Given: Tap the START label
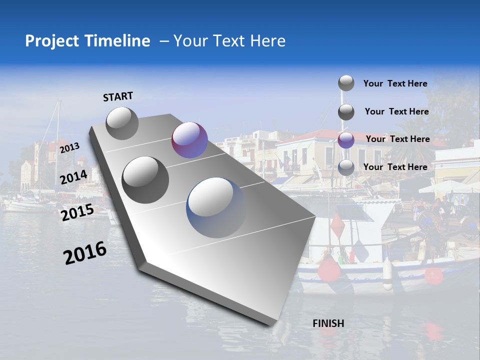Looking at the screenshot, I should click(118, 96).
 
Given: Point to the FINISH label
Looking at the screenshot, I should click(328, 323).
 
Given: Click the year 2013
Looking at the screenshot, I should click(69, 147).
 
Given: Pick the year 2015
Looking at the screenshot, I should click(77, 212).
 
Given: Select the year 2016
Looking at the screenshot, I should click(85, 253).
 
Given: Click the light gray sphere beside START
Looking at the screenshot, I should click(122, 123).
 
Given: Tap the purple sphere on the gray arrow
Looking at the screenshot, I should click(189, 140).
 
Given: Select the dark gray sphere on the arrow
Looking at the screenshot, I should click(145, 179).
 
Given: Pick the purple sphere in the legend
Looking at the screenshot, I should click(346, 140).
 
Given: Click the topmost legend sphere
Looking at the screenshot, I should click(346, 83).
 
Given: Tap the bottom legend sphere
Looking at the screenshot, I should click(346, 167).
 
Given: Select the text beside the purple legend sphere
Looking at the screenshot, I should click(397, 139).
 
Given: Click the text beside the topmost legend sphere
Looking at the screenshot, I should click(395, 83).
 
